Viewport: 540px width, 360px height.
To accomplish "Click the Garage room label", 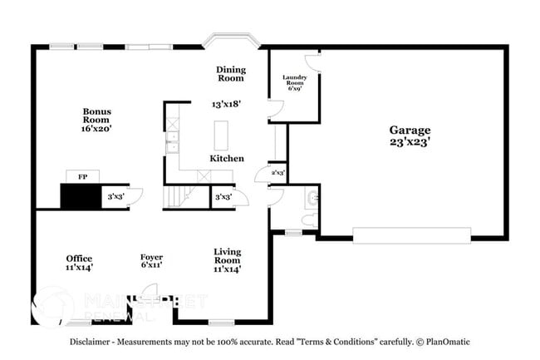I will point(410,130).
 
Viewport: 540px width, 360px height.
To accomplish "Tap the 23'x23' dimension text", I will point(410,142).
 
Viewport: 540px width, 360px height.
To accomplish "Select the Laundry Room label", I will point(296,81).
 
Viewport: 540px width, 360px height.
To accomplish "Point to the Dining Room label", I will point(230,74).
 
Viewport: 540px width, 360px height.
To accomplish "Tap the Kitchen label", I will point(226,158).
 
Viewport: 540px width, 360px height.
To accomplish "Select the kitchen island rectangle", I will point(221,134).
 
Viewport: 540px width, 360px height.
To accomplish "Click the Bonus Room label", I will point(96,116).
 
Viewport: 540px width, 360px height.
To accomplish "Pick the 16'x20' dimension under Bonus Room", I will point(96,129).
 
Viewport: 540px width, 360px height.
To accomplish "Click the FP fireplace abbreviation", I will point(82,177).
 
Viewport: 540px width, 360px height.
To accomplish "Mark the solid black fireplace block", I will point(81,197).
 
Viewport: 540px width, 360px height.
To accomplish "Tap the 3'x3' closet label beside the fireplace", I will point(115,198).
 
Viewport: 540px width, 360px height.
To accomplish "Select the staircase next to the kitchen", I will point(178,197).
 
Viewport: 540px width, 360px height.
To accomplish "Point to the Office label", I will point(80,258).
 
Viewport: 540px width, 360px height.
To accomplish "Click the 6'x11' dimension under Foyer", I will point(150,265).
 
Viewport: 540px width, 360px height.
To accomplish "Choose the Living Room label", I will point(227,256).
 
